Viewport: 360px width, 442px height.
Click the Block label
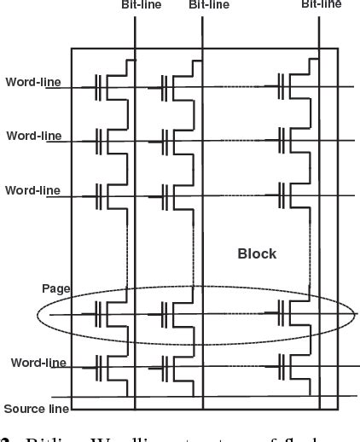pos(257,254)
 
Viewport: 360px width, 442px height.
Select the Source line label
pos(36,409)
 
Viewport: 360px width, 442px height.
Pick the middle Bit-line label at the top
pos(209,4)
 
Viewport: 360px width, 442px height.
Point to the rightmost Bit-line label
pos(322,4)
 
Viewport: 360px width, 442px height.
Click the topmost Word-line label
pos(32,82)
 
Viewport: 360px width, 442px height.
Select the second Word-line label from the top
pos(32,135)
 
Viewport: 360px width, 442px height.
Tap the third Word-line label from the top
pos(32,189)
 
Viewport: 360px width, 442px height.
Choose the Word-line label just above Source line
pos(38,363)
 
